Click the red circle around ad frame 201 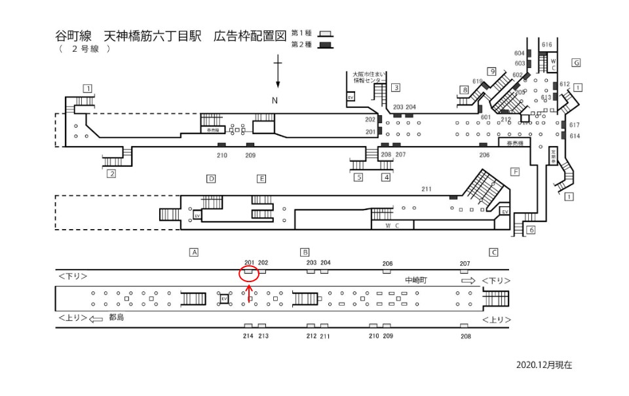point(249,274)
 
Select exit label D point(211,178)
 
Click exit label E point(261,178)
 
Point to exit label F point(514,171)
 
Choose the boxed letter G point(576,62)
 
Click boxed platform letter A point(193,251)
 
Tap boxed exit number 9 point(491,71)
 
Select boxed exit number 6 point(531,230)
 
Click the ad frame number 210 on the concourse point(221,155)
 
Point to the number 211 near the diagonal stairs point(427,190)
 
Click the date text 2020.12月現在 point(544,365)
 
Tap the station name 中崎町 point(416,280)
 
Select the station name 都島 point(116,317)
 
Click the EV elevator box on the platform point(224,298)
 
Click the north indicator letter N point(275,99)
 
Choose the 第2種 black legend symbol point(324,45)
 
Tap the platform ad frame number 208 point(466,336)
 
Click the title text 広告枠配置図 point(250,35)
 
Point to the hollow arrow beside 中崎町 point(468,280)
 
